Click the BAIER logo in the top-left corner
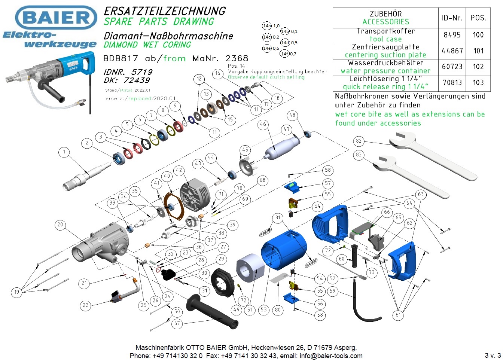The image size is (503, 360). click(56, 18)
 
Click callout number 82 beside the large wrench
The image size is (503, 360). click(359, 141)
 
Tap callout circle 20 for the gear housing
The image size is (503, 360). click(60, 225)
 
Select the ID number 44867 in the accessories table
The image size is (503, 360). click(452, 51)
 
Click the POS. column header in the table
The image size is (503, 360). click(478, 18)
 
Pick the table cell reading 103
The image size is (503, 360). click(478, 83)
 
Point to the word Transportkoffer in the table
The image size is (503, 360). click(385, 31)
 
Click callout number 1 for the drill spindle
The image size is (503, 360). click(64, 152)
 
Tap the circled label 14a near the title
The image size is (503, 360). click(267, 26)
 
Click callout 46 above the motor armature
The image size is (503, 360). click(263, 124)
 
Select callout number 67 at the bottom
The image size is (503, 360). click(177, 323)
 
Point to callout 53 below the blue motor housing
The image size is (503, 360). click(264, 309)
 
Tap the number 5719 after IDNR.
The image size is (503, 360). click(142, 72)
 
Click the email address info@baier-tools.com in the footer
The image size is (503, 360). click(331, 356)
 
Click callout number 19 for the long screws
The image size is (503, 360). click(16, 292)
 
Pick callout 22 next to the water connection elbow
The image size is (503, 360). click(86, 305)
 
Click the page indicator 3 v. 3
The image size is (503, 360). click(492, 356)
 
